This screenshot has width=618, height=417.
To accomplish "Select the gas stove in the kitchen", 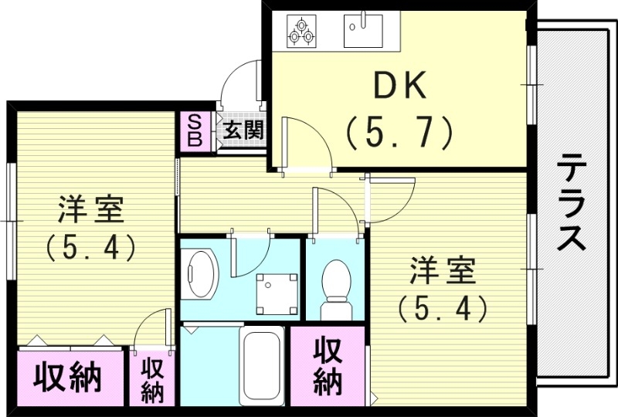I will click(301, 29).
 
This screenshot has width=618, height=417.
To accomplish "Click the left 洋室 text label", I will click(91, 210).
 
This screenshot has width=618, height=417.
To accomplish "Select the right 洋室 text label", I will click(443, 273).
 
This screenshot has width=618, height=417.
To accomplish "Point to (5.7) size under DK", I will click(399, 134).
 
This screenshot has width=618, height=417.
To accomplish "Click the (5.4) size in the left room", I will click(91, 247).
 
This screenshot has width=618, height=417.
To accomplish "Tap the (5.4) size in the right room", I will click(443, 309).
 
